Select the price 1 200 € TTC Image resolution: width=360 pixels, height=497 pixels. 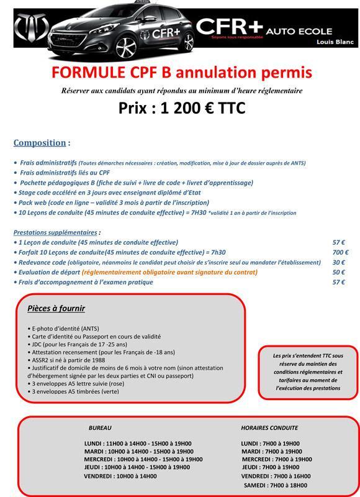tap(181, 108)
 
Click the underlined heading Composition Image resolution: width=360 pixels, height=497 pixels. tap(39, 142)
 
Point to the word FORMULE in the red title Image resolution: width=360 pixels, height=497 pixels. tap(88, 73)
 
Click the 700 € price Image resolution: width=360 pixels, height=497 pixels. tap(340, 252)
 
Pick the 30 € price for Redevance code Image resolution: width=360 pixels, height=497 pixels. tap(339, 262)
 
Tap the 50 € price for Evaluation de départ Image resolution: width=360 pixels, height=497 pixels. tap(339, 272)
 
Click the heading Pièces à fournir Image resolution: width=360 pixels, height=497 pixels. tap(56, 309)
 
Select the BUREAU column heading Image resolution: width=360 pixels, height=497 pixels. tap(100, 428)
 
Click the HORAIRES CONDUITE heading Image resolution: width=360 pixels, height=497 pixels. tap(269, 428)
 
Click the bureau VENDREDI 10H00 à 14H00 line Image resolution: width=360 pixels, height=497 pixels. tap(120, 476)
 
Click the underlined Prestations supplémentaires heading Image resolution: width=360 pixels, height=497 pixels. tap(55, 232)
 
